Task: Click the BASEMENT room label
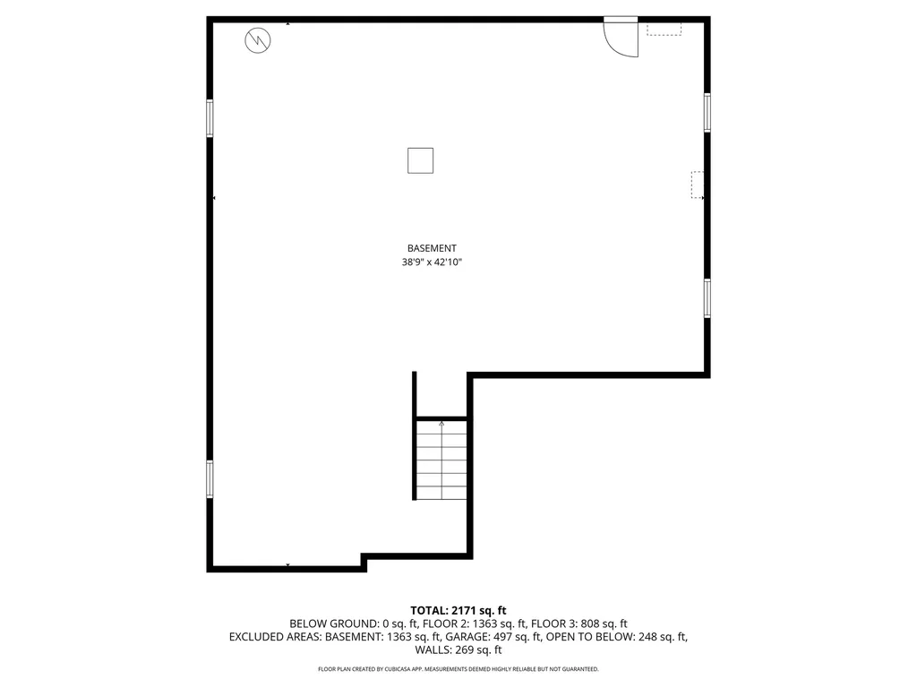(432, 248)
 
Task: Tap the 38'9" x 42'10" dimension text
(432, 262)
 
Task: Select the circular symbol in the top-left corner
(257, 39)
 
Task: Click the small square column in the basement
(420, 160)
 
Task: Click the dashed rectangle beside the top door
(664, 29)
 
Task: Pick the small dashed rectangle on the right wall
(697, 185)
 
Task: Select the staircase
(441, 460)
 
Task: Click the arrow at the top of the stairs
(441, 425)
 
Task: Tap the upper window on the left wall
(210, 117)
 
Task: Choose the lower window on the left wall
(210, 478)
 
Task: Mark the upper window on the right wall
(707, 112)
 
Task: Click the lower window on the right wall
(707, 297)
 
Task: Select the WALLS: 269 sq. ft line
(458, 650)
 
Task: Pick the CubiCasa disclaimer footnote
(458, 669)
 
